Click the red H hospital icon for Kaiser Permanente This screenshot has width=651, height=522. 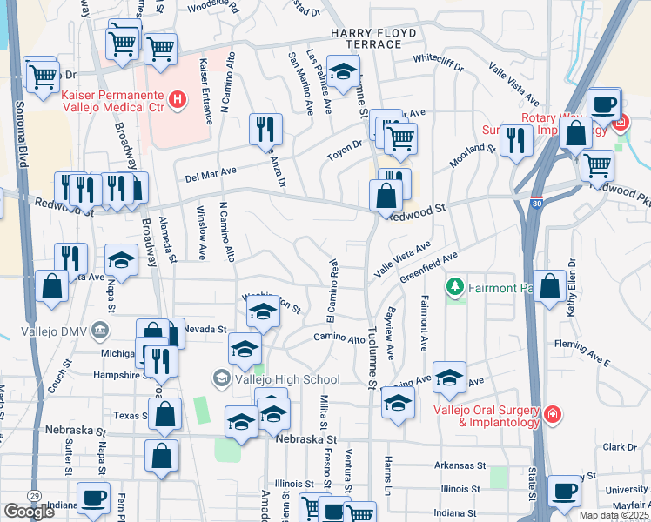[x=178, y=100]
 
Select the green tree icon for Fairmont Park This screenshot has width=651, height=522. [x=453, y=285]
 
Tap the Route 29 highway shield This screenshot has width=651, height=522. [x=32, y=495]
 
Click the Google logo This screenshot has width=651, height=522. [x=30, y=512]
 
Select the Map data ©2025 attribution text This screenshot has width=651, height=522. [x=614, y=515]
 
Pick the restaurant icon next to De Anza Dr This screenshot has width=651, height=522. [x=266, y=129]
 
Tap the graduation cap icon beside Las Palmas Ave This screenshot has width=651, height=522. [x=343, y=71]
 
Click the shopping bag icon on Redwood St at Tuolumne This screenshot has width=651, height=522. [x=386, y=196]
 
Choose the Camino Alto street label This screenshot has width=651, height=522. [x=339, y=338]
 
